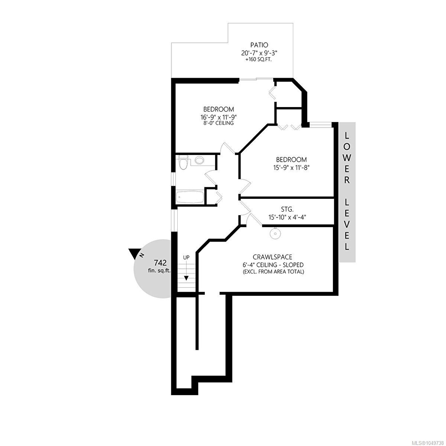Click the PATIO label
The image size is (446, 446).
[259, 45]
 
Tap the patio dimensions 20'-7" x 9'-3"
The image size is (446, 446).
[259, 53]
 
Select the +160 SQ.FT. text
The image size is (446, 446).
[259, 60]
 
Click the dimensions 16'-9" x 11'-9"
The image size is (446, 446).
[219, 116]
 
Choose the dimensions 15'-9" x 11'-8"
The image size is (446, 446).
[291, 167]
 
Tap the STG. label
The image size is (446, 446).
[287, 210]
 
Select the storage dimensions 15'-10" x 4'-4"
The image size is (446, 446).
[287, 217]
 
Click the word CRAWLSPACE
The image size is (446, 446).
[272, 257]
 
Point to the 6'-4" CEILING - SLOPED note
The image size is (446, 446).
[273, 265]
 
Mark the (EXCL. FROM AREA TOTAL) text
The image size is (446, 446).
[273, 272]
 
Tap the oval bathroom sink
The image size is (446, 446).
[199, 160]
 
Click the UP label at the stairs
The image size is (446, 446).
[186, 257]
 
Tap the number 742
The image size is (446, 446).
[160, 263]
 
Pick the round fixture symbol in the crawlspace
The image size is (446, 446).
[275, 233]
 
